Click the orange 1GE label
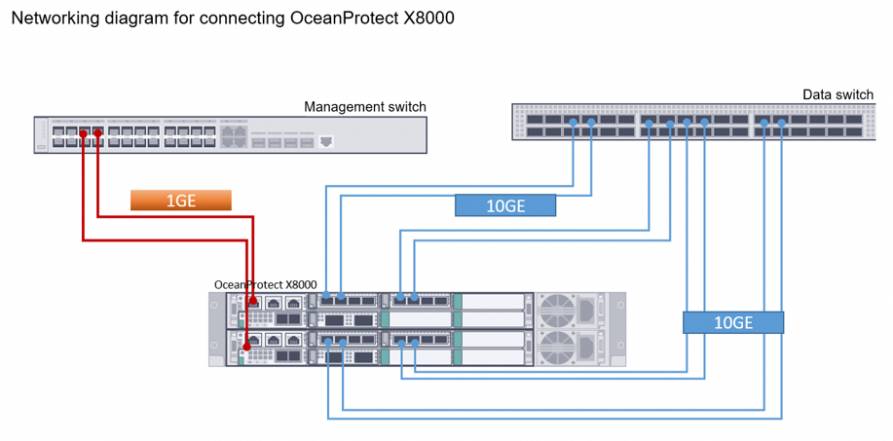180,201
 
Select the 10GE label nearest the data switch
505,205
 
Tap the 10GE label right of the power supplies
733,322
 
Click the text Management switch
365,107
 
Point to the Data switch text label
837,94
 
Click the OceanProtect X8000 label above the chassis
266,284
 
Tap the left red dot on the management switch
83,134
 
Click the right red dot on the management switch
98,133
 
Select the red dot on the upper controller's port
253,299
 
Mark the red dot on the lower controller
246,347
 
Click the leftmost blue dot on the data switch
573,123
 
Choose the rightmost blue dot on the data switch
781,123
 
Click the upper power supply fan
556,311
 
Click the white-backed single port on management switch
326,141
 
